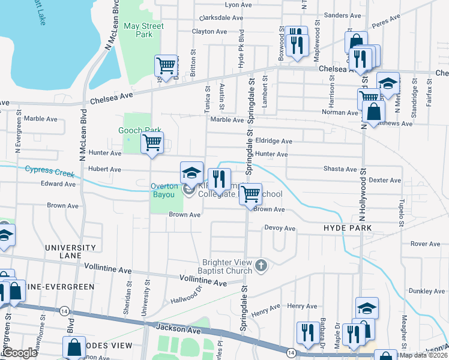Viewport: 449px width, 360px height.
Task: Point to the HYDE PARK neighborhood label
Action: tap(348, 229)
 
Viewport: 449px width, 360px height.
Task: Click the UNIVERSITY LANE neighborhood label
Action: tap(70, 251)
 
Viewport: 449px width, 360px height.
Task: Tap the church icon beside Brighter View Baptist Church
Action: tap(261, 265)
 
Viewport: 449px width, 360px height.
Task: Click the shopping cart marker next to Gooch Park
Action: tap(152, 143)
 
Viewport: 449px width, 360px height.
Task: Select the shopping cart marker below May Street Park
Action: tap(167, 64)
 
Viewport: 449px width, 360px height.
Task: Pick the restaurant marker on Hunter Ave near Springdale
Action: tap(219, 178)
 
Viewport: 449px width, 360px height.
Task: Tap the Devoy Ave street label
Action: tap(280, 229)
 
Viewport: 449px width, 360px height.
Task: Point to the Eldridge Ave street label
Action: tap(274, 141)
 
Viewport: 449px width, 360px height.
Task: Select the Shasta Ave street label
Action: tap(340, 169)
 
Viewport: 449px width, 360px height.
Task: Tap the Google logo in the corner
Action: tap(19, 353)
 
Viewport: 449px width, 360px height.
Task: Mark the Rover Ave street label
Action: tap(425, 244)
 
